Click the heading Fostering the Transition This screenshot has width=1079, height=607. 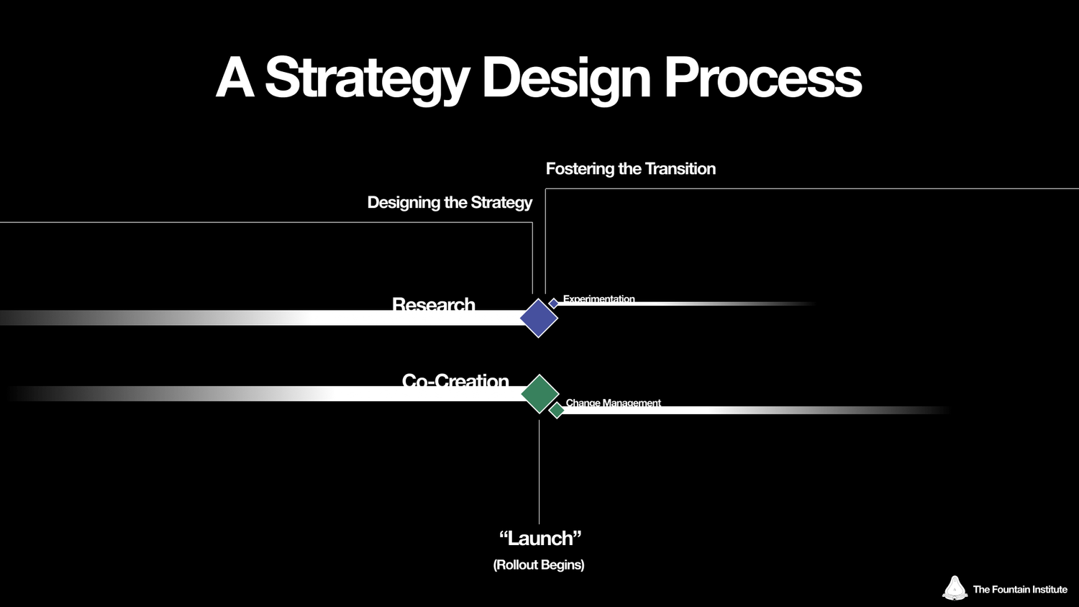[630, 169]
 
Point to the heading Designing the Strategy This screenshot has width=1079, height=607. [450, 203]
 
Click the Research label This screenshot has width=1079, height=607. [433, 305]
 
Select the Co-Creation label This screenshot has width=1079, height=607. [455, 380]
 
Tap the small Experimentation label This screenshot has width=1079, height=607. [598, 299]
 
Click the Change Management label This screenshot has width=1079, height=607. [613, 403]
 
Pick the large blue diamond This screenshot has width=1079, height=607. [539, 318]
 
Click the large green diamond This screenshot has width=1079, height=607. [539, 393]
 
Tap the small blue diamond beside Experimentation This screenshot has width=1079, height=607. [554, 303]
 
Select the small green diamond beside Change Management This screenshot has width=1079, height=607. [556, 410]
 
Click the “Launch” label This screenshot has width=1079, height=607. [539, 538]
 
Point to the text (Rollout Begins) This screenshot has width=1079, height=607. [539, 565]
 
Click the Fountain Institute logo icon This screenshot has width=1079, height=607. [955, 588]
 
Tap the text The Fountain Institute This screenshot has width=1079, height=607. [1019, 589]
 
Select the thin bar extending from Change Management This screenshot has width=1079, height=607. [719, 410]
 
